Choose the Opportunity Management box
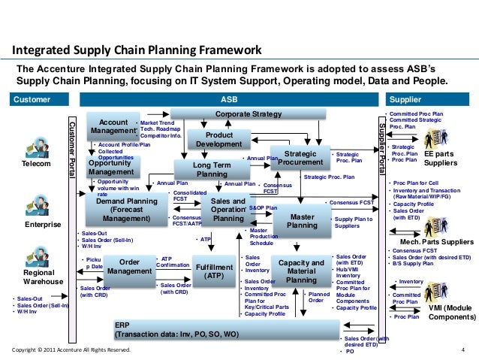(x=111, y=166)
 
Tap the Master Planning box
(x=303, y=220)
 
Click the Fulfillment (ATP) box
(x=214, y=271)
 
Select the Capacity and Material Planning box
(x=301, y=271)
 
